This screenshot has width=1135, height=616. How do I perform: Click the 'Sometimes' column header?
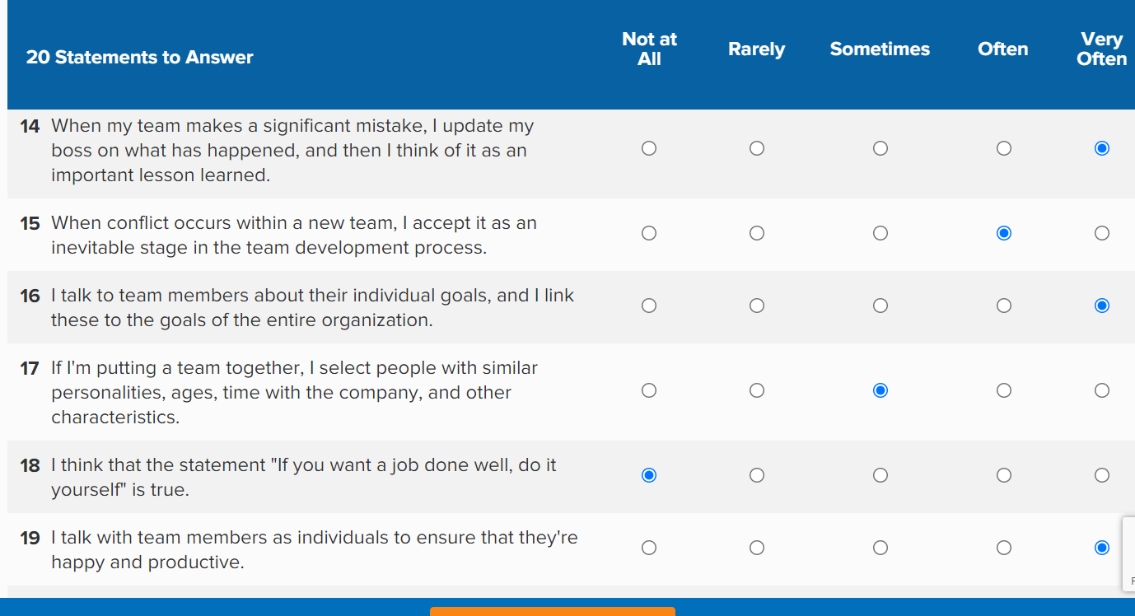880,49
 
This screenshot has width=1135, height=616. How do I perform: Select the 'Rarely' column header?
756,49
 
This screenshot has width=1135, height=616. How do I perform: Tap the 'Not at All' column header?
649,49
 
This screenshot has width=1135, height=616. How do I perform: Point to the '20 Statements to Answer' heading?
139,58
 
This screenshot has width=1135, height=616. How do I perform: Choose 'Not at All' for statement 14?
649,148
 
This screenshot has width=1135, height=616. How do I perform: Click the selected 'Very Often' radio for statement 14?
1102,148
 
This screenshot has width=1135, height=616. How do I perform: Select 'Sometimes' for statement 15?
880,233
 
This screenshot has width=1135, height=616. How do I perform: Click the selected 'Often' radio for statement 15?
1004,233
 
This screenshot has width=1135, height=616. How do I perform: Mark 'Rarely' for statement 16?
757,306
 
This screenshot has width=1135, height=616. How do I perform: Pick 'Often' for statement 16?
1004,306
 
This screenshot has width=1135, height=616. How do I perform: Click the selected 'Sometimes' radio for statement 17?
880,390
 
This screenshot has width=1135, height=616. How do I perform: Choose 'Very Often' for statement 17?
1102,390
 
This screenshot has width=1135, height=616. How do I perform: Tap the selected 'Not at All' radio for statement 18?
649,475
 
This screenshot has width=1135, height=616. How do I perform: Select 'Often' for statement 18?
1004,475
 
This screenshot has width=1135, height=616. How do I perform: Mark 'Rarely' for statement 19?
757,548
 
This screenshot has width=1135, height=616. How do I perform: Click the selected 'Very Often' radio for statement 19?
1102,548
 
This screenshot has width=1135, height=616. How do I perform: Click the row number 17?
30,368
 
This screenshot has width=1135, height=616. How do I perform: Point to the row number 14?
30,126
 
